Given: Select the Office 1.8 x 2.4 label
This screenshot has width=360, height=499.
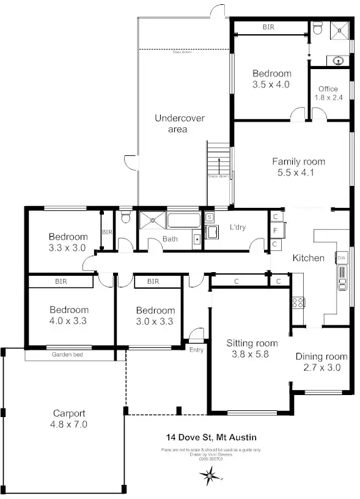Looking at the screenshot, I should click(328, 93).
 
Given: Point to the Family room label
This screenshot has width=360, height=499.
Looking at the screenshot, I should click(298, 167).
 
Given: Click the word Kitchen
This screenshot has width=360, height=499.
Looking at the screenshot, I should click(308, 258).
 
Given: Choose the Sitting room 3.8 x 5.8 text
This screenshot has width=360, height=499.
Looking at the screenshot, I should click(252, 348).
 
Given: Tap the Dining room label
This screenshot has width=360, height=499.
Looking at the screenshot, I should click(321, 362).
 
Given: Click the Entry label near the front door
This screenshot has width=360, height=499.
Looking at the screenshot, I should click(197, 350).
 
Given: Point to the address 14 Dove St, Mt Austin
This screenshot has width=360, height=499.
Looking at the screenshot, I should click(211, 437).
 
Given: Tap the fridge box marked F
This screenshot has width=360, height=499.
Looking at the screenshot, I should click(276, 231).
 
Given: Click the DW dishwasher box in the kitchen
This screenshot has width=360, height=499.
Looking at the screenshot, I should click(342, 258).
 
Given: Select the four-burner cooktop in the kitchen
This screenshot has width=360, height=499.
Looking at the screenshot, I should click(299, 303).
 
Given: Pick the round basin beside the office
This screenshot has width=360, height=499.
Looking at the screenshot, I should click(338, 60).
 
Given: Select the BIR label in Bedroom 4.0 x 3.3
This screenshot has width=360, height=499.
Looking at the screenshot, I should click(61, 282).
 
